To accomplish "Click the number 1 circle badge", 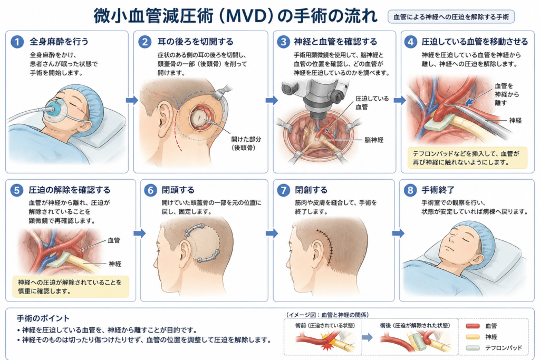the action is click(17, 42).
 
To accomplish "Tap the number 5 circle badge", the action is click(16, 190).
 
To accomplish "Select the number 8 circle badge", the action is click(410, 190).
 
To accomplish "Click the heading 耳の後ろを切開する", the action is click(195, 42).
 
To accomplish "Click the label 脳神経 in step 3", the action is click(374, 140).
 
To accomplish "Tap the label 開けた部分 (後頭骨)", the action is click(246, 143).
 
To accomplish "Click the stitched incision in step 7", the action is click(326, 246).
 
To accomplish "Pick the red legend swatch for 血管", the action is click(472, 326).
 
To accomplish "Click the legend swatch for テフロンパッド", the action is click(472, 348).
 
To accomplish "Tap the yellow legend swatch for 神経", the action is click(472, 337).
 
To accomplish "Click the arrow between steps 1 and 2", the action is click(131, 100).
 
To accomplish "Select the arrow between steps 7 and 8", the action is click(398, 233).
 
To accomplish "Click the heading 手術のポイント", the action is click(43, 318).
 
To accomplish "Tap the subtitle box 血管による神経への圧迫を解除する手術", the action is click(451, 16).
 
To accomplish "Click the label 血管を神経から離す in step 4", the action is click(507, 94).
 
